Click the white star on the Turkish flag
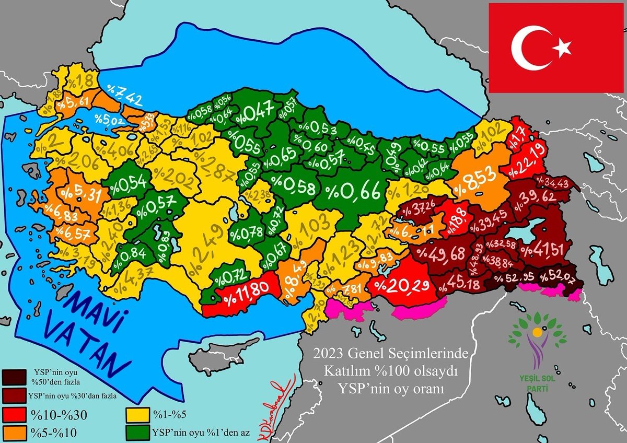pyautogui.click(x=563, y=49)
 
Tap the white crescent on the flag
pyautogui.click(x=528, y=49)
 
